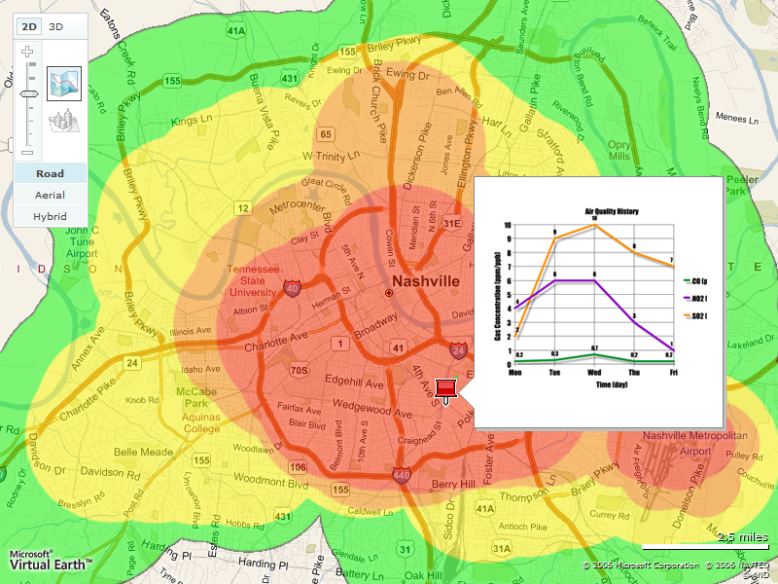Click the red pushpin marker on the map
click(x=446, y=390)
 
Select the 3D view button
click(x=56, y=27)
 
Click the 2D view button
click(x=30, y=27)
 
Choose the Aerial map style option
click(x=51, y=195)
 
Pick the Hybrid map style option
click(x=51, y=215)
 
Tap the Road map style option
click(x=51, y=174)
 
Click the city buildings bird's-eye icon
click(x=64, y=121)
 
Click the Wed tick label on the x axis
click(x=593, y=372)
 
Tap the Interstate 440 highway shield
click(x=402, y=475)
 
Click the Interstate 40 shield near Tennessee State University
click(x=292, y=287)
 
